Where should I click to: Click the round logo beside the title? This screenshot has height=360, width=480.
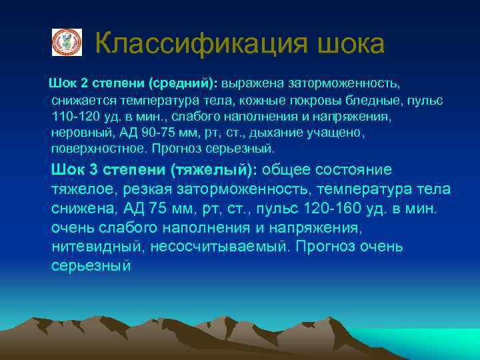point(67,42)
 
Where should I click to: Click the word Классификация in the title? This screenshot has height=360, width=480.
point(200,45)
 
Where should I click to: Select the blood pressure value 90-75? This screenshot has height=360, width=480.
point(164,131)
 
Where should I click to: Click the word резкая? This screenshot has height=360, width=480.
point(147,189)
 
